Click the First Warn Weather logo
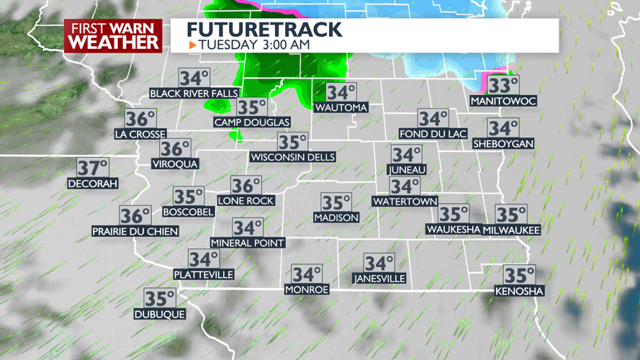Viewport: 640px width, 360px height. [113, 35]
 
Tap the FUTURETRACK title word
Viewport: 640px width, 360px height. [264, 29]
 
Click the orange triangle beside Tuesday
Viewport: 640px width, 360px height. [192, 45]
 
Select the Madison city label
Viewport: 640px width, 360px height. [336, 217]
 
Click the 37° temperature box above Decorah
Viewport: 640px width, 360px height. [92, 168]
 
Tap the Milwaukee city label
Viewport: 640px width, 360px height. [512, 230]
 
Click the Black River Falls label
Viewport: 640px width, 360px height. [194, 94]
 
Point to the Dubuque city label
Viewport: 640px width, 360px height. [160, 314]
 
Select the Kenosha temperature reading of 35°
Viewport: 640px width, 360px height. [519, 276]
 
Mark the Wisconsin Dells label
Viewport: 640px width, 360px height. [292, 157]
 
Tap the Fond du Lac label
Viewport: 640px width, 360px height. [433, 134]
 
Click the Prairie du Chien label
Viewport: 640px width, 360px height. [135, 231]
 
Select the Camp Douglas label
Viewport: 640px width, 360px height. [252, 122]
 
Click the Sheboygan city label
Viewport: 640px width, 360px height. [503, 144]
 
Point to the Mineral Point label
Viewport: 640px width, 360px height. [248, 243]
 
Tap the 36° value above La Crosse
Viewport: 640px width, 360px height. [140, 119]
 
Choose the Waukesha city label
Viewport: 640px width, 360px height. [454, 230]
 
